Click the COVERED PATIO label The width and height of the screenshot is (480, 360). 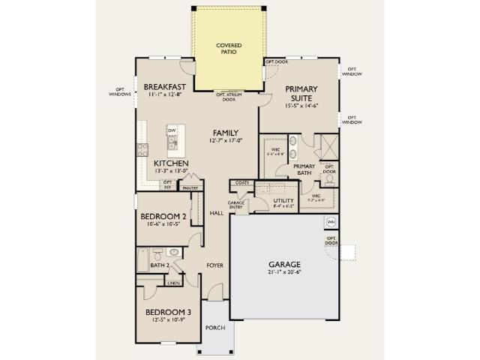(228, 48)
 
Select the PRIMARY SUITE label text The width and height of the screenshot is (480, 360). (301, 94)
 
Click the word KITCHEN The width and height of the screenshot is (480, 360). (171, 163)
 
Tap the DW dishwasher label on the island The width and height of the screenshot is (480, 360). (172, 130)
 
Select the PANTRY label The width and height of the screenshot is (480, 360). (190, 188)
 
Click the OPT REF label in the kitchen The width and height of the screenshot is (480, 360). (167, 184)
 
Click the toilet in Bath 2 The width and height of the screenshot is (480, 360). (174, 253)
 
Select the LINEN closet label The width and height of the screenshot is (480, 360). (173, 283)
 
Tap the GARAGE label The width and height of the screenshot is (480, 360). (284, 265)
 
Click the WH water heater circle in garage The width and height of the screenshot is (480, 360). (330, 222)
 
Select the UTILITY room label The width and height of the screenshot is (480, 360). (283, 201)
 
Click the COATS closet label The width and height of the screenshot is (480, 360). (241, 182)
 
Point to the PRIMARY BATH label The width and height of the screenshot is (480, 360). (304, 169)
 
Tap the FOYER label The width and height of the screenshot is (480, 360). (216, 265)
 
